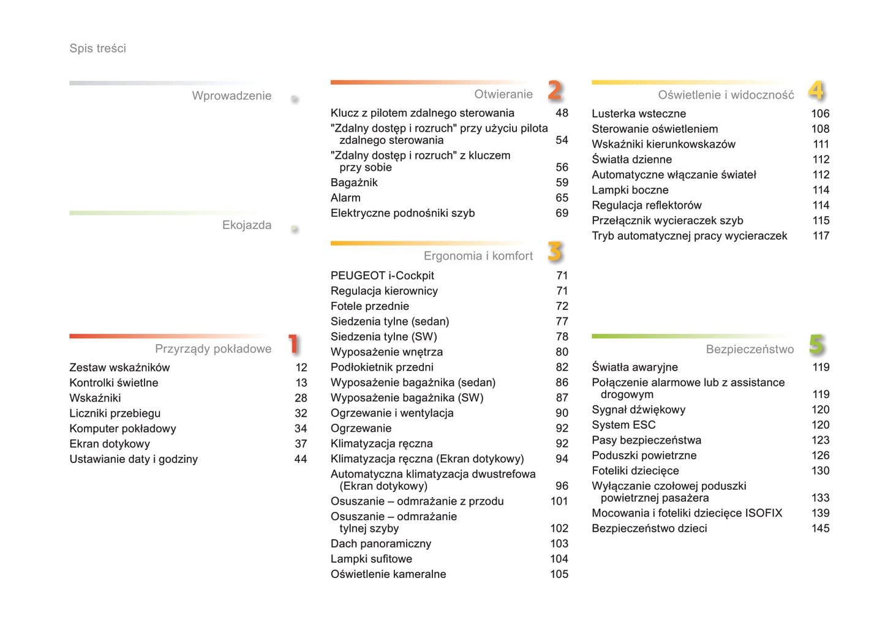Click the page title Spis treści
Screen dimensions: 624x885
(97, 48)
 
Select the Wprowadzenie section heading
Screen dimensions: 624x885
(231, 96)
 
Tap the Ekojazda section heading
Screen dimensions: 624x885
(246, 225)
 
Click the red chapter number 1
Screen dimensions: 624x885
(294, 344)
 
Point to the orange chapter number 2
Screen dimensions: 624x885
(555, 91)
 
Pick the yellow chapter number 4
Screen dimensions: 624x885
(816, 91)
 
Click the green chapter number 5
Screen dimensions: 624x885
(816, 345)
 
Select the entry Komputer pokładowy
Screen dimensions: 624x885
(122, 429)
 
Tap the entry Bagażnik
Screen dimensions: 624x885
(354, 182)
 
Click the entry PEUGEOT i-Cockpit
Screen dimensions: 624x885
(382, 276)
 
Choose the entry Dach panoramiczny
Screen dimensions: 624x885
(380, 544)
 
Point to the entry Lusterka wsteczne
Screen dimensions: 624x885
(638, 113)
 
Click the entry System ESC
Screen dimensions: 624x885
(623, 425)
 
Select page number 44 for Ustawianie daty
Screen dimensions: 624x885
(301, 459)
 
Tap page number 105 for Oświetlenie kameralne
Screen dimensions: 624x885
(559, 574)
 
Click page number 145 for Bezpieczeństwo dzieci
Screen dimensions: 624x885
(820, 528)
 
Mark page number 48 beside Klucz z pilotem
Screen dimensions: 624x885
(562, 113)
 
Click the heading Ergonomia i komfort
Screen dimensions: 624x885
(478, 256)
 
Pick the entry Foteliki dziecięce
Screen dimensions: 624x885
(635, 471)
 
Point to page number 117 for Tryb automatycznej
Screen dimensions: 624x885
(821, 236)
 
